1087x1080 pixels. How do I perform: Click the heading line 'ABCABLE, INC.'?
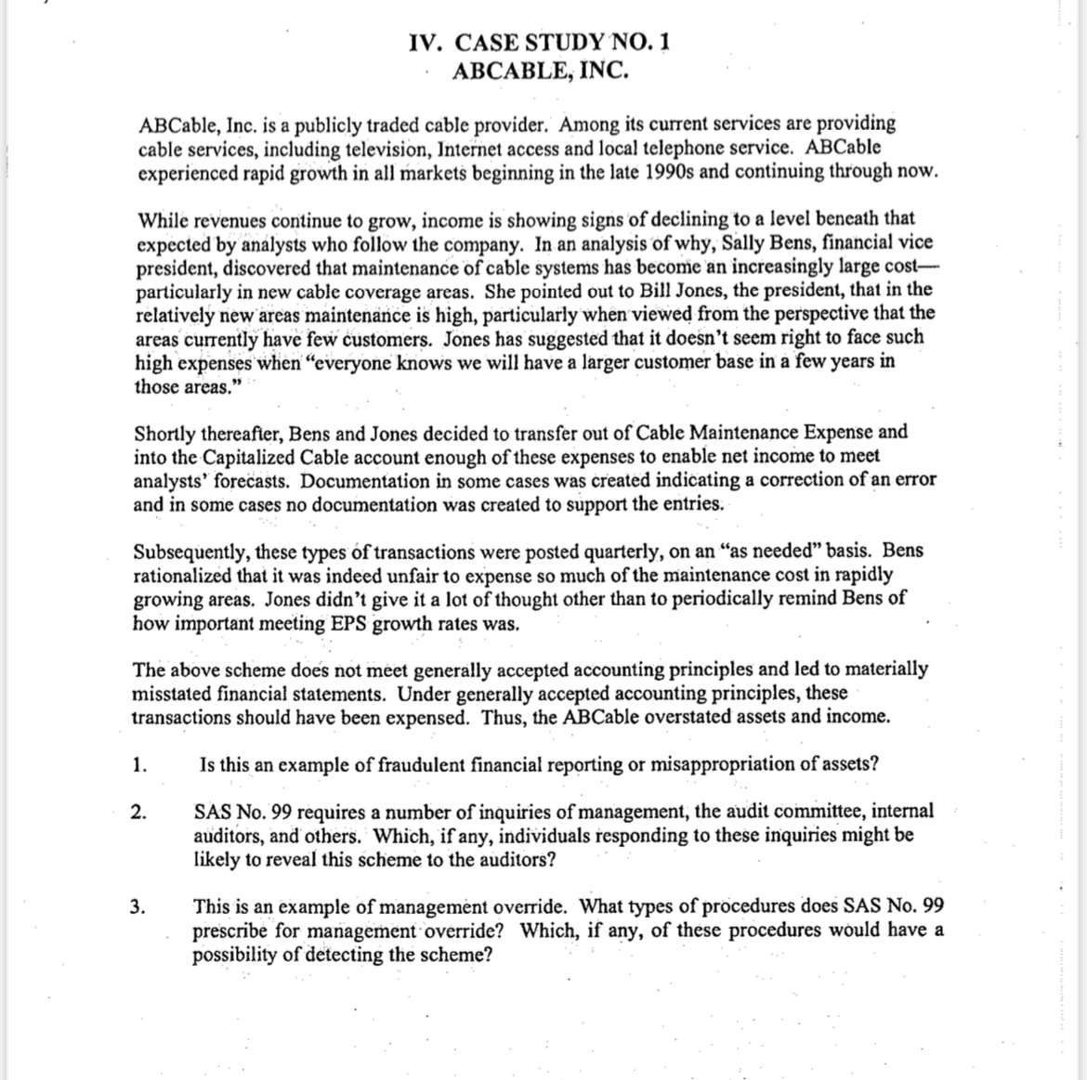tap(539, 72)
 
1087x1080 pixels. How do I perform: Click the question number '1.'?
tap(139, 766)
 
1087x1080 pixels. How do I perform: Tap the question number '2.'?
tap(138, 813)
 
